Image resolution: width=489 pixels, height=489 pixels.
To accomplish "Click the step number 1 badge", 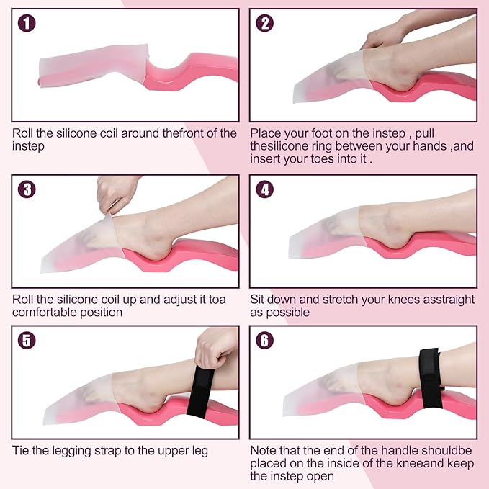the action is pos(27,23).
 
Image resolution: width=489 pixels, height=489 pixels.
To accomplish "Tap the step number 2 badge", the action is pos(264,23).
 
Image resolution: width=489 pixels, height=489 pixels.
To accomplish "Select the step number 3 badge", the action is pos(27,189).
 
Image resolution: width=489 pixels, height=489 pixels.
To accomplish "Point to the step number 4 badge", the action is pos(264,189).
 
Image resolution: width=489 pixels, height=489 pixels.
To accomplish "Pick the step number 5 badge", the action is pos(27,340).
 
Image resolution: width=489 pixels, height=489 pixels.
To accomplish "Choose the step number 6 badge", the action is pos(264,340).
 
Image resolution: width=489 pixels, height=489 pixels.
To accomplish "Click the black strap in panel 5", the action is pos(200,391).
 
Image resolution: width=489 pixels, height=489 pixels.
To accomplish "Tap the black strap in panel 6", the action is pos(431,378).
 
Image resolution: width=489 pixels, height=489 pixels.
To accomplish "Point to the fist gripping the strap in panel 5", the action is pos(215,348).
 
